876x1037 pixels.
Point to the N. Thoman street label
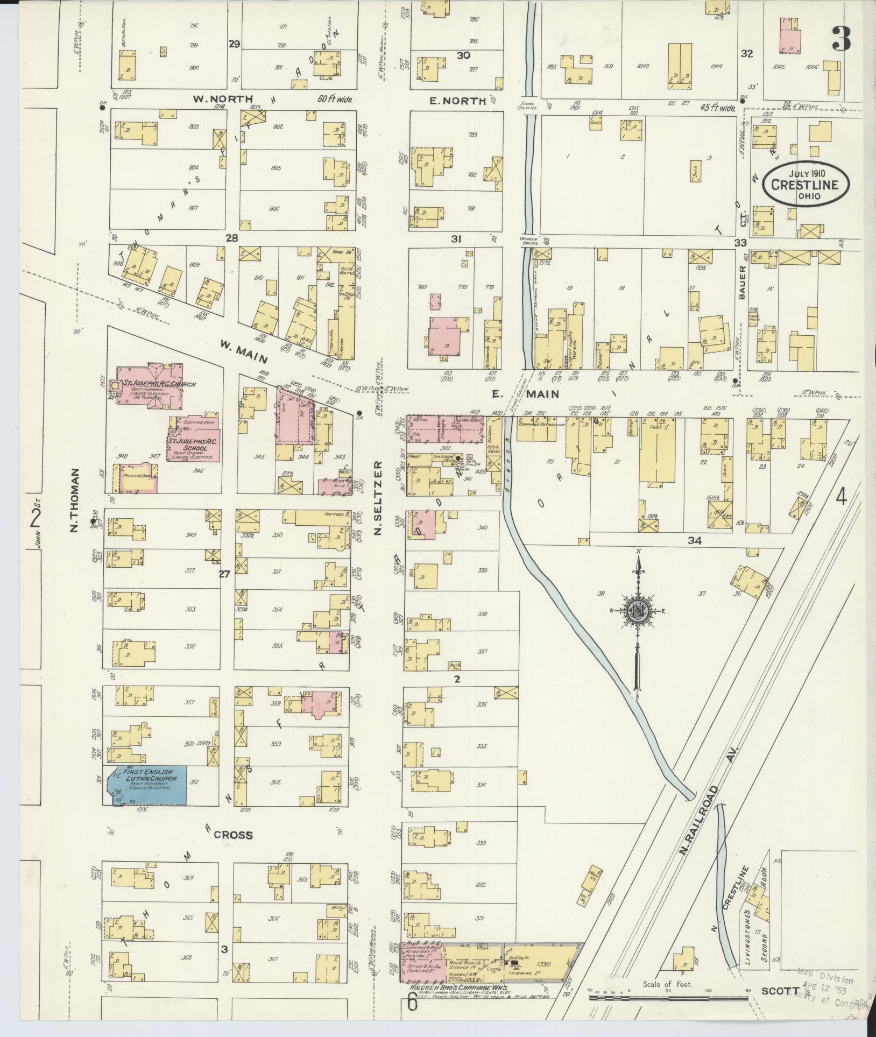point(75,500)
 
